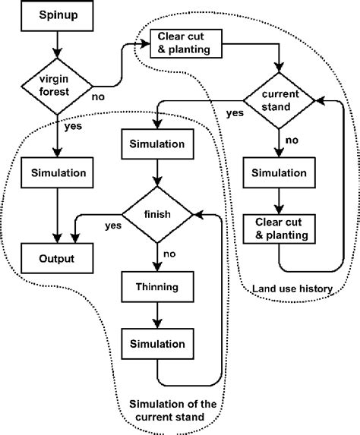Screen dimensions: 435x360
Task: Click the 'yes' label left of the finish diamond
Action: point(113,225)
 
